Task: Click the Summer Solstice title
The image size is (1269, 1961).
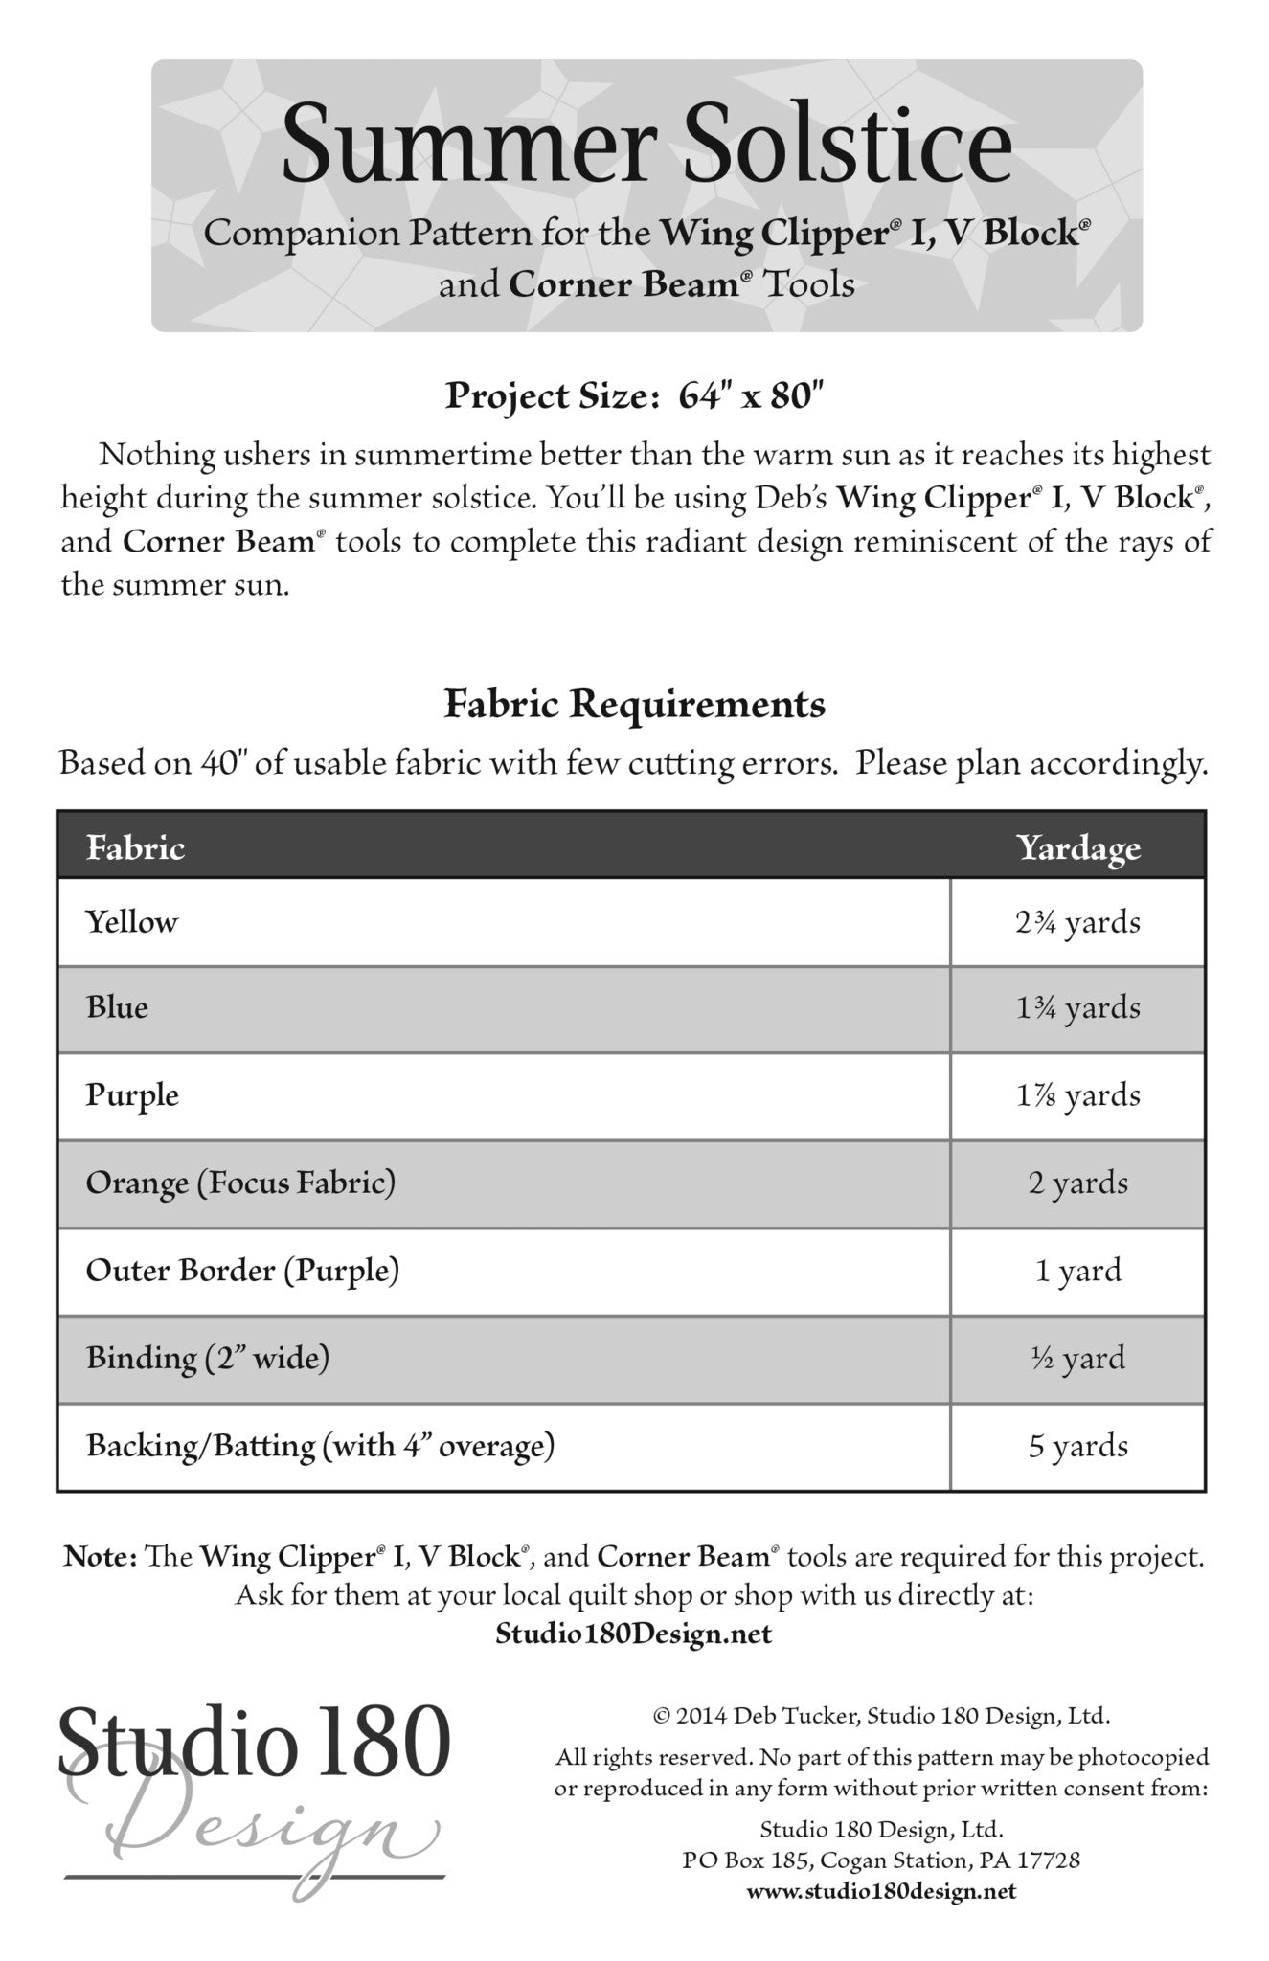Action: (646, 146)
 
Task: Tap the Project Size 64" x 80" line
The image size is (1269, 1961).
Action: (634, 395)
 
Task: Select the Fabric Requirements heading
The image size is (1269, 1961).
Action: (634, 705)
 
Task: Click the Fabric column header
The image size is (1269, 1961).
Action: (135, 847)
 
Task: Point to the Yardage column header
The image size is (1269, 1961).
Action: (1078, 847)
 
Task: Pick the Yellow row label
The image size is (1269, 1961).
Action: (132, 922)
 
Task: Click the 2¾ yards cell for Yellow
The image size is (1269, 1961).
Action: (1078, 923)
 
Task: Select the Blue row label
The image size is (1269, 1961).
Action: (117, 1007)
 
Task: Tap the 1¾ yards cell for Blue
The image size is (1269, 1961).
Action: (1078, 1008)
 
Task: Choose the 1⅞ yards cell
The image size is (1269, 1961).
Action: (1078, 1095)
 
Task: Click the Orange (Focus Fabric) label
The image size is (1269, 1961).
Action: (240, 1183)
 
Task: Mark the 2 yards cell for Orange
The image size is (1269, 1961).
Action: (1078, 1183)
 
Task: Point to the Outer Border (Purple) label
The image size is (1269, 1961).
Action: (242, 1271)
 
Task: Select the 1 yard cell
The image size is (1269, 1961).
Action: (1078, 1271)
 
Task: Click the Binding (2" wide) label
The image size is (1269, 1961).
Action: (208, 1358)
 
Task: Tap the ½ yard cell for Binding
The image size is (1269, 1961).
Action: (1078, 1358)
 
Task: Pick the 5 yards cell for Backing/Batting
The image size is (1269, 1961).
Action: (1078, 1446)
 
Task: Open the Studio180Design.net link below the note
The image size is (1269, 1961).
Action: (633, 1634)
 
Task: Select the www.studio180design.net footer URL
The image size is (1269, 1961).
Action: (881, 1891)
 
